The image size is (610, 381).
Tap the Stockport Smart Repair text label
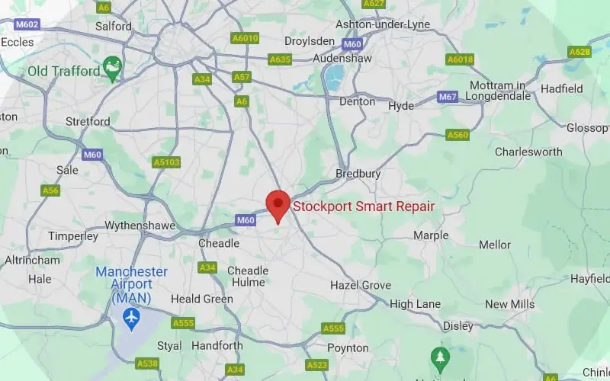[364, 206]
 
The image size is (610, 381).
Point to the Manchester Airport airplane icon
[132, 316]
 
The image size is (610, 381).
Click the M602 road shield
[27, 24]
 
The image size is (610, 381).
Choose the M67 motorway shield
[448, 98]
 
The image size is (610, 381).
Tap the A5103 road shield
[166, 162]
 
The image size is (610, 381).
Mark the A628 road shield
[579, 52]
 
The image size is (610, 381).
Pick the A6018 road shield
[460, 59]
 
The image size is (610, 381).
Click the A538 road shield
[147, 363]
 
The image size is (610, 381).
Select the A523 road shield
[316, 365]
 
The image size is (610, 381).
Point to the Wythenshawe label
[140, 226]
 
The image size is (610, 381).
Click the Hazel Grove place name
[360, 285]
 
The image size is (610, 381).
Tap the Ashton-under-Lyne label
[383, 24]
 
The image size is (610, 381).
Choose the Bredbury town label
[358, 174]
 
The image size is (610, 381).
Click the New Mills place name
[509, 304]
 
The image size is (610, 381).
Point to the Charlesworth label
[528, 152]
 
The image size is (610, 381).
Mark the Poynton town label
[348, 347]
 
